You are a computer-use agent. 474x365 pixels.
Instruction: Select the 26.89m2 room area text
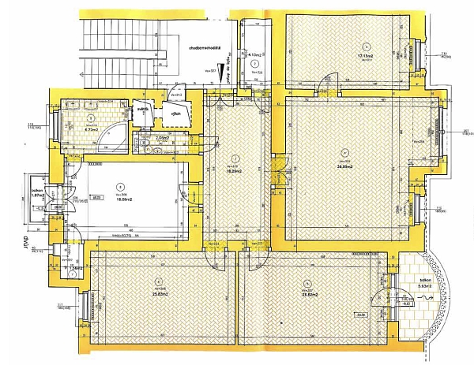pos(344,166)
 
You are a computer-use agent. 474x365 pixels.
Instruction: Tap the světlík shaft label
pos(144,110)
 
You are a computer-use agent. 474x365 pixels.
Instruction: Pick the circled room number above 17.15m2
pos(365,45)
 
